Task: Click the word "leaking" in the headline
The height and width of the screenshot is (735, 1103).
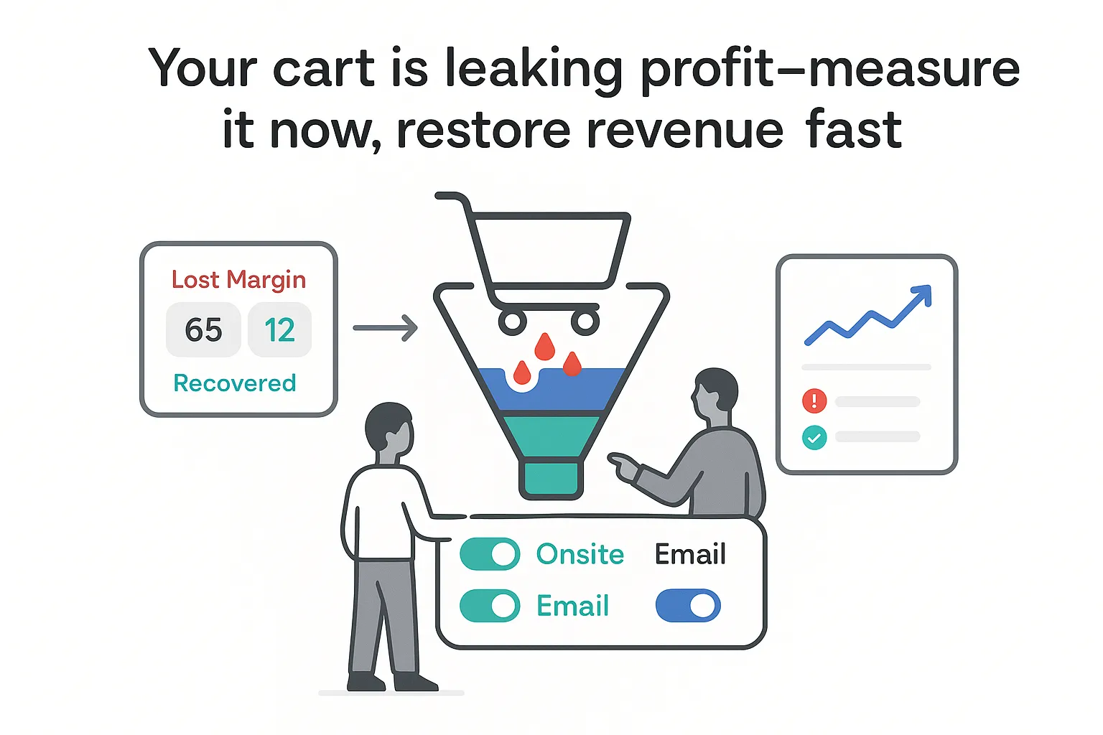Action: point(533,70)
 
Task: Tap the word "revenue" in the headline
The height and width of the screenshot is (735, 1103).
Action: point(684,131)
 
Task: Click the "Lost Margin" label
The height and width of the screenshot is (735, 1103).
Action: point(238,279)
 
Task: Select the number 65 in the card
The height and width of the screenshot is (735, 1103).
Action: point(203,330)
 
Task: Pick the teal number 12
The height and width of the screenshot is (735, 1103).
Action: point(279,330)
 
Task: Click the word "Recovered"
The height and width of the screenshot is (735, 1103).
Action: point(235,383)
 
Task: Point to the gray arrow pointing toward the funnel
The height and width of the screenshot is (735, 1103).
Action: point(386,328)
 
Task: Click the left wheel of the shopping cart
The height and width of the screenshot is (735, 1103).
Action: point(513,322)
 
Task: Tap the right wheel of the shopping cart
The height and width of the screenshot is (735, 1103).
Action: point(585,322)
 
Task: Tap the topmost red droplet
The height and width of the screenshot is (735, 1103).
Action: point(545,347)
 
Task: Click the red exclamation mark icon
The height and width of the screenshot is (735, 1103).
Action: point(814,401)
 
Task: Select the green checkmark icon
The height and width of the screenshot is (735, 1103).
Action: point(814,437)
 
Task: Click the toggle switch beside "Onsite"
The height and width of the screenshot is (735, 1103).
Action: point(490,554)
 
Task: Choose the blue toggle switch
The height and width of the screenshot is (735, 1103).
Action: point(688,606)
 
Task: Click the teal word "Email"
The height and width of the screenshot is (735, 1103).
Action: point(572,607)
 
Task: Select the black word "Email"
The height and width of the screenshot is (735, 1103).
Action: point(690,554)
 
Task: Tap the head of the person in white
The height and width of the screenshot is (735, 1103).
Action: point(389,429)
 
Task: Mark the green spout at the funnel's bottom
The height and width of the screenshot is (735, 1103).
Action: point(551,479)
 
